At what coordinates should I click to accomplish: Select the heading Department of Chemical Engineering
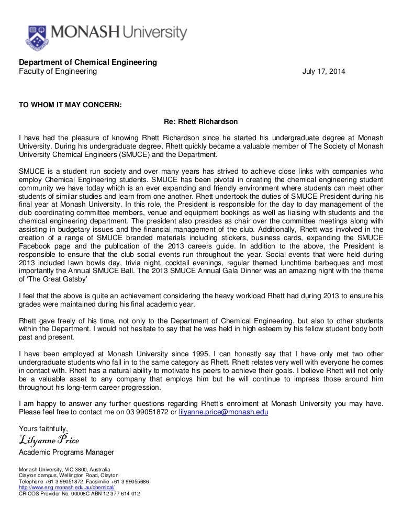pyautogui.click(x=88, y=62)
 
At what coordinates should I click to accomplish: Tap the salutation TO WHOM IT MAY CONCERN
pyautogui.click(x=70, y=104)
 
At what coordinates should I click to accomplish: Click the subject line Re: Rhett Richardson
pyautogui.click(x=201, y=122)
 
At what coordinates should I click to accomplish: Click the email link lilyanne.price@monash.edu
pyautogui.click(x=224, y=412)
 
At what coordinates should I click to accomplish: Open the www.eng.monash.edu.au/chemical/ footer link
pyautogui.click(x=62, y=487)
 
